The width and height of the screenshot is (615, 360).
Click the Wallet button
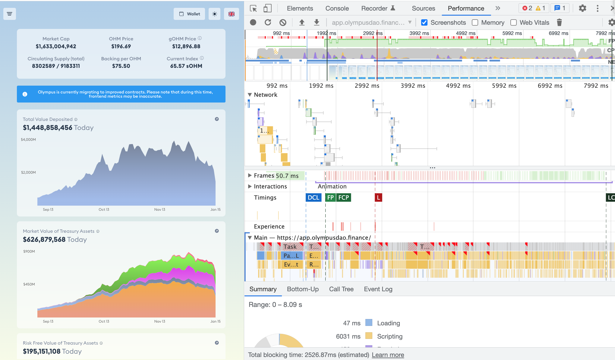tap(189, 14)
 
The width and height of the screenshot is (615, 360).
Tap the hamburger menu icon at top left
tap(10, 14)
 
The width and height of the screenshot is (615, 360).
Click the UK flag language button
tap(231, 14)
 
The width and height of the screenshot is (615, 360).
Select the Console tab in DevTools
tap(337, 8)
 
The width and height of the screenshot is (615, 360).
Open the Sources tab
tap(423, 8)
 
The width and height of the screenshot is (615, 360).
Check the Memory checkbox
tap(475, 23)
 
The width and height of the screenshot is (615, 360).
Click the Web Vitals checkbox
tap(514, 23)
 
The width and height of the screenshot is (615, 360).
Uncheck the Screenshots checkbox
tap(424, 23)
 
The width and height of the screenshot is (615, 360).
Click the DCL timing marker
tap(313, 197)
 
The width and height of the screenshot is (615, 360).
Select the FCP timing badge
tap(343, 197)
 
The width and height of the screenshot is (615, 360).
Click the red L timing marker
tap(378, 197)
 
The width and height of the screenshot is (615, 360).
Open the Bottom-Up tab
tap(303, 289)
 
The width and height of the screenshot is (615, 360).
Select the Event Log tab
tap(378, 289)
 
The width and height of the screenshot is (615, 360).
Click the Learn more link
tap(388, 355)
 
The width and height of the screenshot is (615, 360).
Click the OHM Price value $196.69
tap(121, 46)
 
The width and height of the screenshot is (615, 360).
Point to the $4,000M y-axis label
tap(28, 140)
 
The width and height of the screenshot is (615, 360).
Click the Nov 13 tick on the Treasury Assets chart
tap(159, 321)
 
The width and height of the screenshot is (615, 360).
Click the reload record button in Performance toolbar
tap(268, 23)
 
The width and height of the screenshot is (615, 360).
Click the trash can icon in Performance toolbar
tap(559, 23)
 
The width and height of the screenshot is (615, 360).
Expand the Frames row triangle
tap(250, 175)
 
